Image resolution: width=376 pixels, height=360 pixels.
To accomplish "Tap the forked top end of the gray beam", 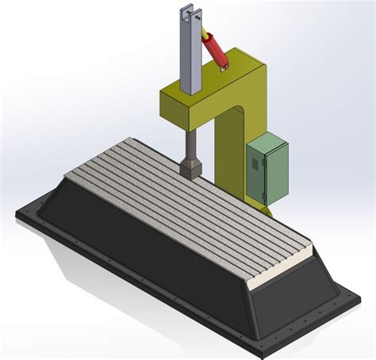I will pos(190,12).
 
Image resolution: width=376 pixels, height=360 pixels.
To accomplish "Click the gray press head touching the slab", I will pos(190,168).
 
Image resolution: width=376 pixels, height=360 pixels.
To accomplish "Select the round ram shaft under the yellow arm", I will pos(190,143).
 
